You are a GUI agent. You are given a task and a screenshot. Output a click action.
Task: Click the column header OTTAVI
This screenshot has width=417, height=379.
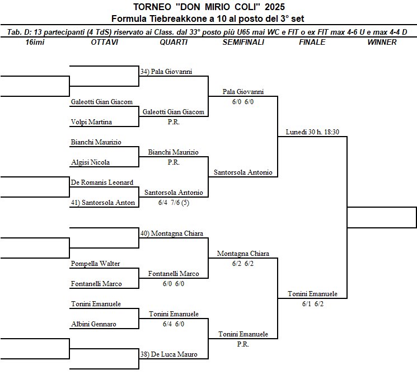click(x=105, y=42)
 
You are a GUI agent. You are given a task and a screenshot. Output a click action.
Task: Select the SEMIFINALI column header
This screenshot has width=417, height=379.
click(x=243, y=42)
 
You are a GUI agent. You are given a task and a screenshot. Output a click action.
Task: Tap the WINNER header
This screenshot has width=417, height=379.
click(x=382, y=42)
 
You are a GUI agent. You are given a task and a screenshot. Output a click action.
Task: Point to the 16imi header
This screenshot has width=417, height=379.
click(x=35, y=42)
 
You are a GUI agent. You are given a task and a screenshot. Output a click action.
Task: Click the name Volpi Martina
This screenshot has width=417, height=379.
click(x=91, y=122)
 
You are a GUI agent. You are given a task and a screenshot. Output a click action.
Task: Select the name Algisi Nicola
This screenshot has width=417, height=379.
click(x=90, y=162)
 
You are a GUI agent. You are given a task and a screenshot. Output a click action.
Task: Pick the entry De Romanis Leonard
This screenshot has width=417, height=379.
click(x=102, y=183)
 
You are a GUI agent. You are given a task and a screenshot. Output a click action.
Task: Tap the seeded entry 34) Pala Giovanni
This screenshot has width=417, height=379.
click(x=166, y=72)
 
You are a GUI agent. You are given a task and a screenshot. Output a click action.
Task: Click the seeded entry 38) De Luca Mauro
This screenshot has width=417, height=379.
click(x=169, y=354)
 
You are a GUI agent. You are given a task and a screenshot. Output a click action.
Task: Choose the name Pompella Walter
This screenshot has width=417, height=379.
click(x=95, y=264)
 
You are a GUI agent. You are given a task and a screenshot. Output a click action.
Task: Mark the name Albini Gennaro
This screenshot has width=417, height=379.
click(x=93, y=324)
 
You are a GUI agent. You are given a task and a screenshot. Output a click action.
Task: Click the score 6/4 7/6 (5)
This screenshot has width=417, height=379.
click(x=174, y=203)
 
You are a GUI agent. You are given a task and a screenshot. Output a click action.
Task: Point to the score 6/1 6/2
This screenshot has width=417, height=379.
click(x=313, y=304)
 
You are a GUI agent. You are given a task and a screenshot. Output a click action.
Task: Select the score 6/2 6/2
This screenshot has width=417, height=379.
click(x=243, y=264)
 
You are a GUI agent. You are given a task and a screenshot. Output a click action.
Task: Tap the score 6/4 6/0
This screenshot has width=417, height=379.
click(x=174, y=324)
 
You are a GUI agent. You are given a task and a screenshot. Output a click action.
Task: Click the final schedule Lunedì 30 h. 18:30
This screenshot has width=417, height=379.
click(x=312, y=132)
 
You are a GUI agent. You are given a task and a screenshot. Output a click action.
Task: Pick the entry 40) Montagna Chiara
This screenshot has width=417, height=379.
click(x=172, y=233)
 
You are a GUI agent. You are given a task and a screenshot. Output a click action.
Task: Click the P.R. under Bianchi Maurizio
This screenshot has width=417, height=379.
click(x=174, y=162)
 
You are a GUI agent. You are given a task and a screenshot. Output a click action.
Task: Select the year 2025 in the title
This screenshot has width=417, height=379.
click(x=275, y=7)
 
